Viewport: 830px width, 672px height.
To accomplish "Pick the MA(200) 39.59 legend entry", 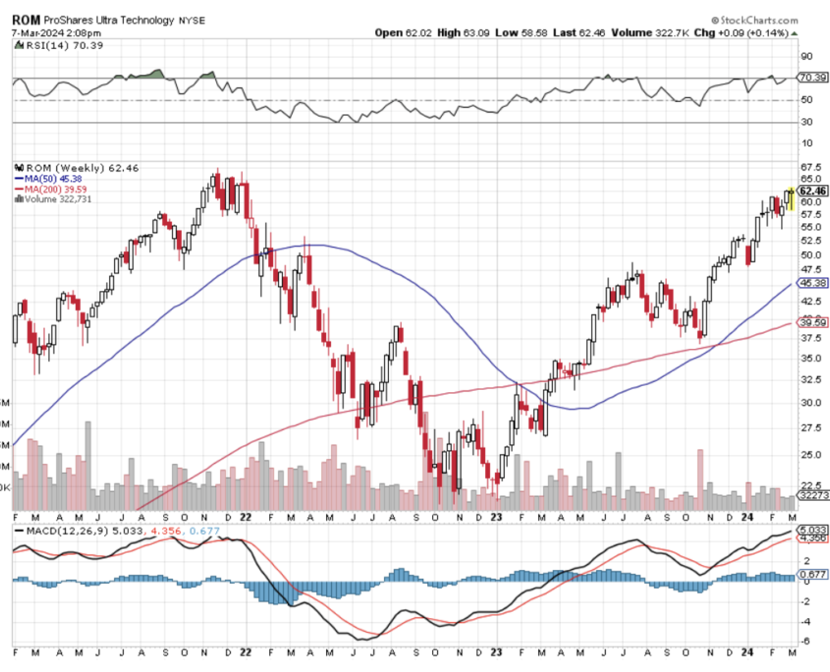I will point(58,189).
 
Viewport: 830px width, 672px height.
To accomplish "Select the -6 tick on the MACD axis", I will point(807,642).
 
